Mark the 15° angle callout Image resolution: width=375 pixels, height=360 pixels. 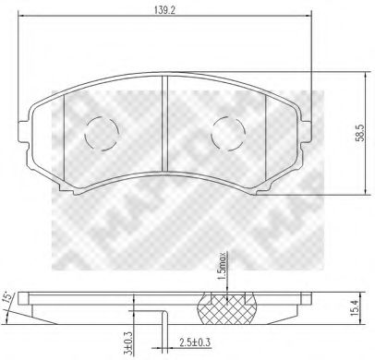pos(8,297)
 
